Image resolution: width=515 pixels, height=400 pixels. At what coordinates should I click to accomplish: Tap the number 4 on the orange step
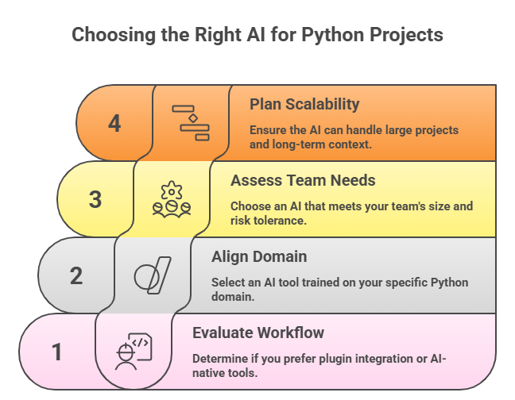[114, 124]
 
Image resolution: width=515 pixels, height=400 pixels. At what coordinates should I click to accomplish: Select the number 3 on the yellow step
[95, 199]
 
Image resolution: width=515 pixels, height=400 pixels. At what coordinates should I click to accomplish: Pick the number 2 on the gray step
[76, 275]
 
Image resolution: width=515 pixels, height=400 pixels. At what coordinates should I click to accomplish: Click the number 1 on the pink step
[57, 352]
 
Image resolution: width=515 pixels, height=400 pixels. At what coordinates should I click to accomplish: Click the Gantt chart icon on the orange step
[191, 123]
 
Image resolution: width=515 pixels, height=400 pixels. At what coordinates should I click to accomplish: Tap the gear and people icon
[172, 199]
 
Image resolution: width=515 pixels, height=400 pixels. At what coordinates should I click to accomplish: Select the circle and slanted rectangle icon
[153, 275]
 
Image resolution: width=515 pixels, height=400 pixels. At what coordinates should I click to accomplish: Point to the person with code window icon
[134, 352]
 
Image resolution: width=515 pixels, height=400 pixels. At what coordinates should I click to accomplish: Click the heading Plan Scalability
[304, 105]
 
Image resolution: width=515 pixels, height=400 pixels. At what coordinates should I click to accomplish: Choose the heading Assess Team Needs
[303, 181]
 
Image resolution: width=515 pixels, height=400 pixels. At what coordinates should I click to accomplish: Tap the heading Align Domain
[259, 257]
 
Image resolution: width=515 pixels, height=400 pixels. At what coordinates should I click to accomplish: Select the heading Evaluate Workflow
[258, 333]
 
